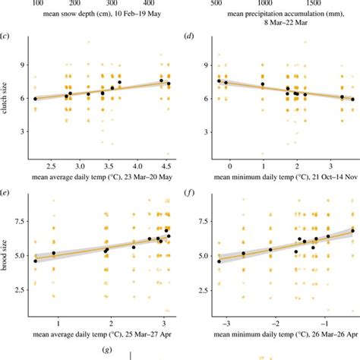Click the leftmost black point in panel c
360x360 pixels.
pyautogui.click(x=35, y=99)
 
